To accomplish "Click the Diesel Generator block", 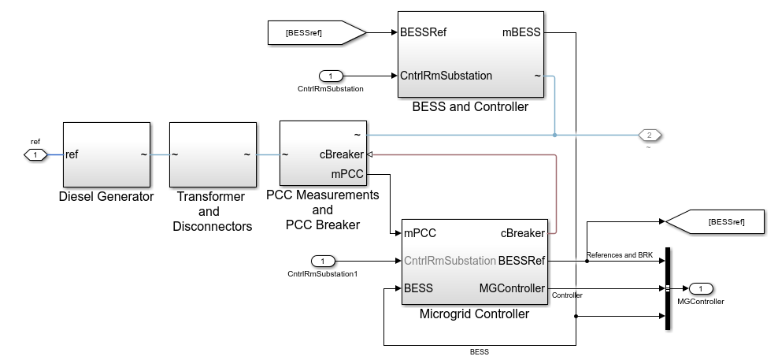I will click(106, 154).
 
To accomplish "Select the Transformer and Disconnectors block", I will click(213, 154).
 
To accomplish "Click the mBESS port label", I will click(521, 33).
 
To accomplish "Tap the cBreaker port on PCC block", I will click(341, 154).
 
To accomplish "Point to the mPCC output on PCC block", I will click(346, 173).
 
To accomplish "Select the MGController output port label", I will click(512, 288).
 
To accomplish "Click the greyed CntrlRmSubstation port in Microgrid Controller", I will click(449, 261).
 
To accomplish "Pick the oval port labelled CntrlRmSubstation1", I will click(323, 261).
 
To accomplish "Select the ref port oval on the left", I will click(35, 154).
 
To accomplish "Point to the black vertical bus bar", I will click(668, 288).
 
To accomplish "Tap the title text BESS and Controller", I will click(470, 107).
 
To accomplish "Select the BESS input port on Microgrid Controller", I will click(418, 288).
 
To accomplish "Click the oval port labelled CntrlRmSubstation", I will click(331, 76).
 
